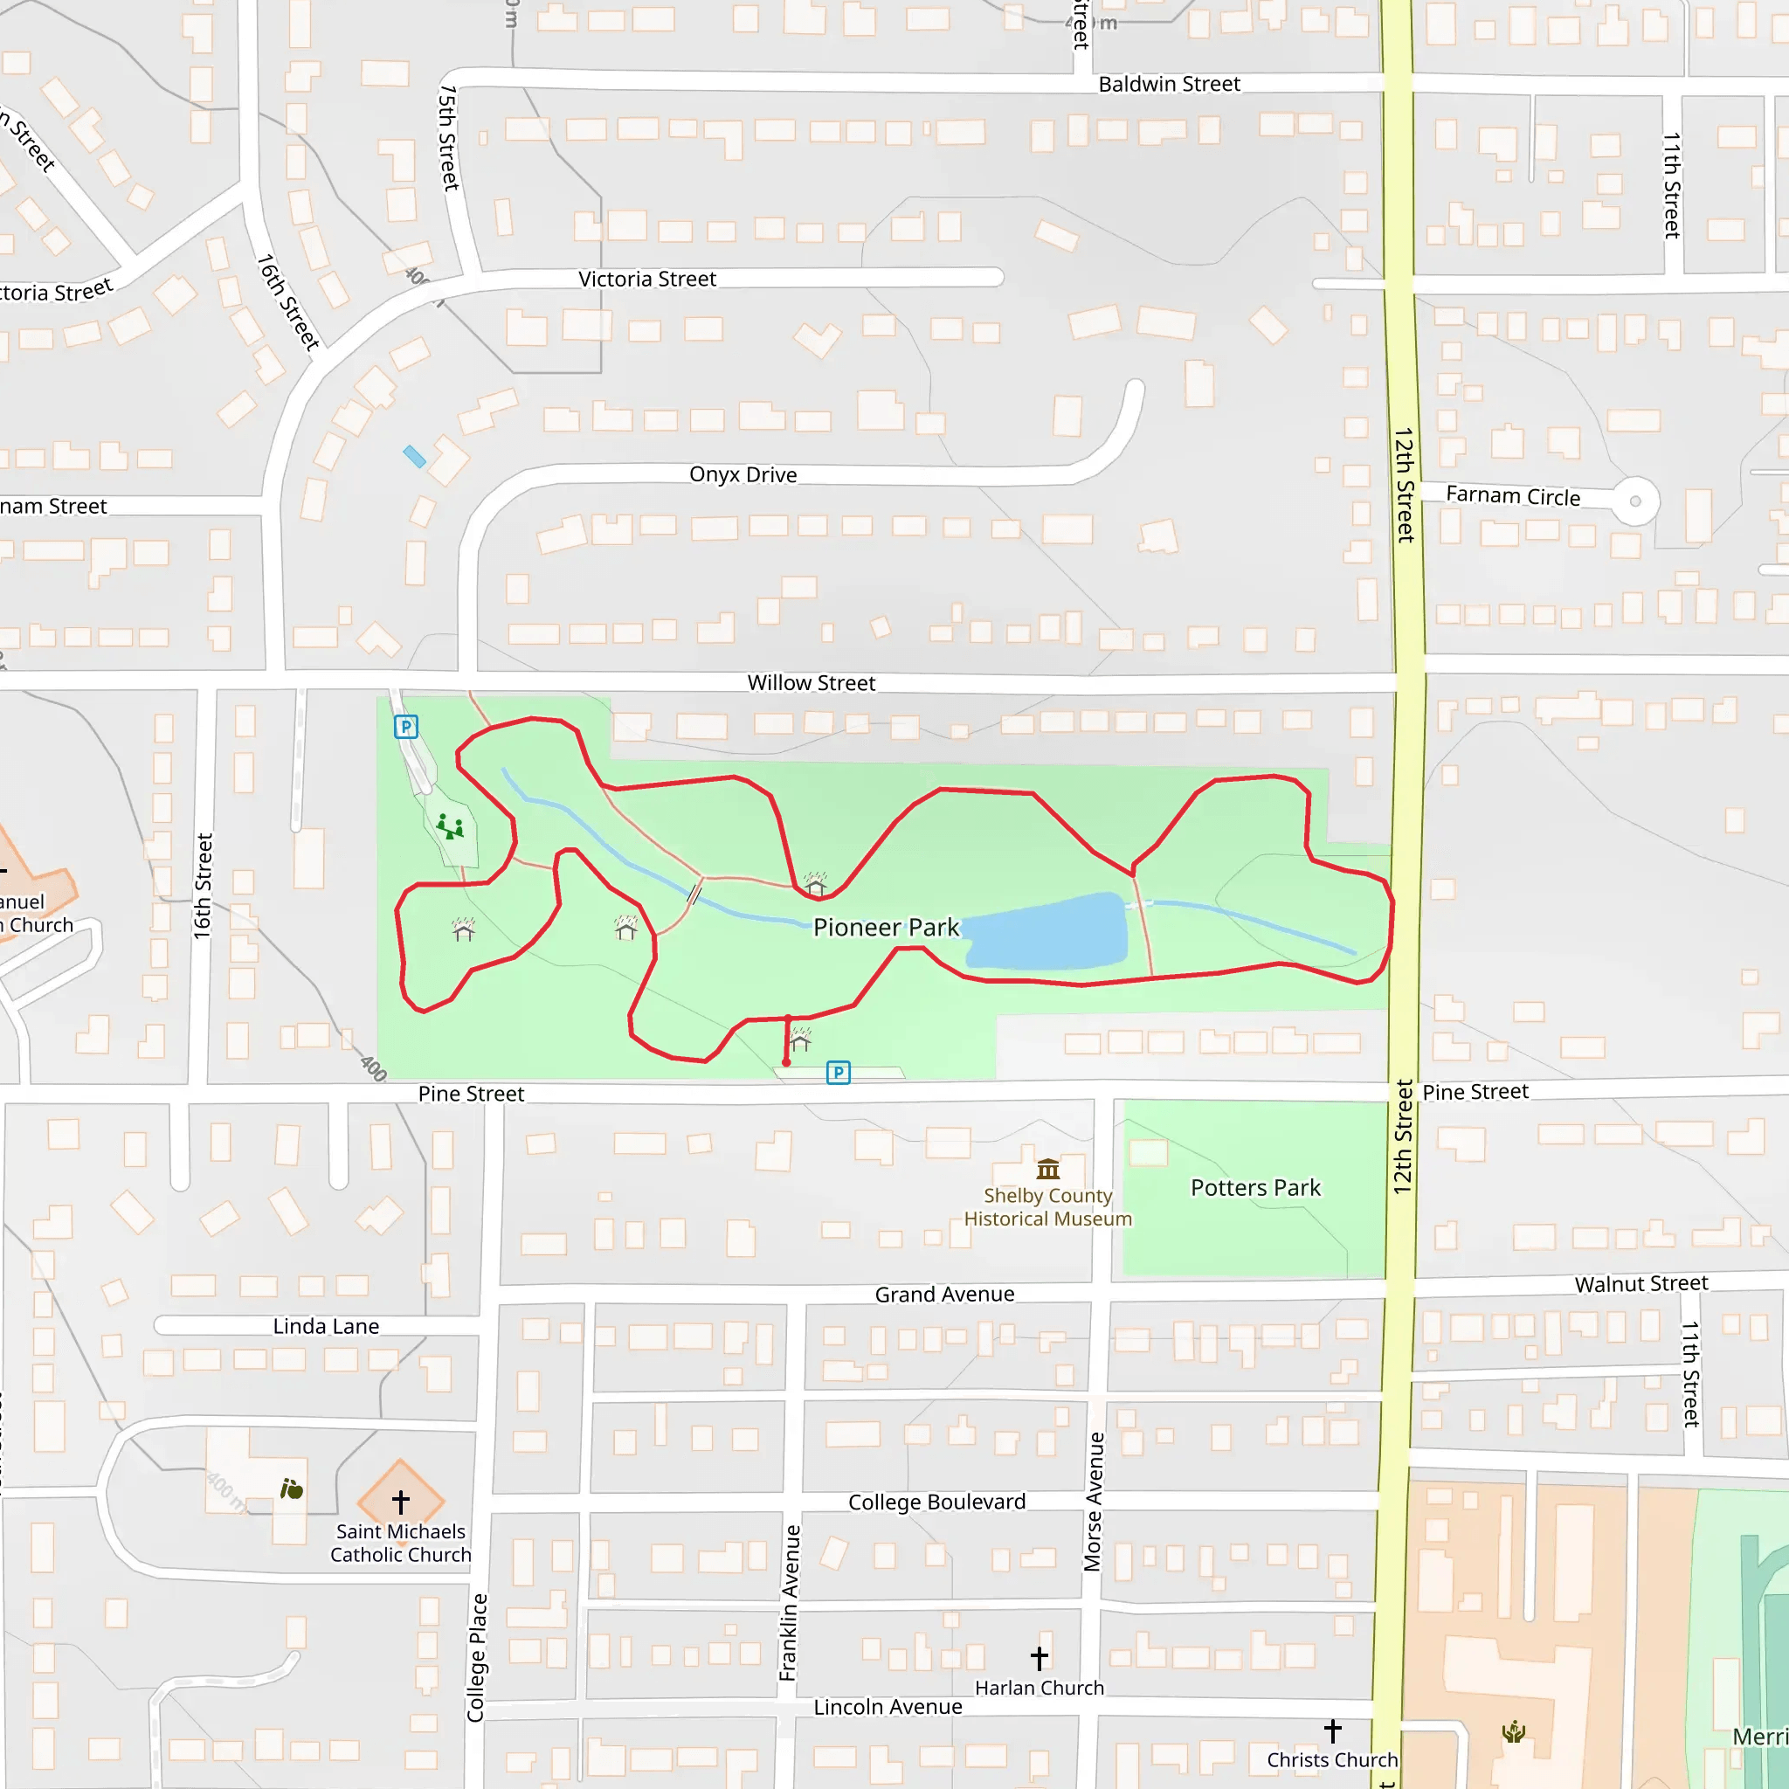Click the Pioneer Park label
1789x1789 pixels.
coord(886,927)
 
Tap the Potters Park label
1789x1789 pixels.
coord(1254,1187)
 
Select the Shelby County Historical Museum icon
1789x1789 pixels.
coord(1048,1169)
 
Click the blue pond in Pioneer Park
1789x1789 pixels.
coord(1046,931)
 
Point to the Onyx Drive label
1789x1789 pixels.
coord(743,474)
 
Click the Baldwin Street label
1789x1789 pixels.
coord(1169,84)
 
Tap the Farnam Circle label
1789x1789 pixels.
coord(1513,495)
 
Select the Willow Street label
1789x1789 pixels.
coord(812,682)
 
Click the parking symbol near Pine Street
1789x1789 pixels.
coord(838,1073)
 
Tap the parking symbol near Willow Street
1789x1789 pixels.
coord(405,727)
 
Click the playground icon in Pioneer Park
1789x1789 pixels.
coord(451,826)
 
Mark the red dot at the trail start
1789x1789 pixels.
coord(786,1062)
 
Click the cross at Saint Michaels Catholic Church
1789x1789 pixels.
coord(401,1501)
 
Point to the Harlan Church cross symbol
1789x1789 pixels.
coord(1039,1657)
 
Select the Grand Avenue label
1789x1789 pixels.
coord(944,1294)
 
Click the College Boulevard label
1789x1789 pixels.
coord(936,1501)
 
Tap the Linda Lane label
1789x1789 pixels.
coord(326,1326)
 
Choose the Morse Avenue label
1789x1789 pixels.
coord(1094,1501)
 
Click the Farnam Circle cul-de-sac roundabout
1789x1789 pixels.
coord(1635,501)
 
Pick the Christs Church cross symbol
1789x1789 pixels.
coord(1332,1730)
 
